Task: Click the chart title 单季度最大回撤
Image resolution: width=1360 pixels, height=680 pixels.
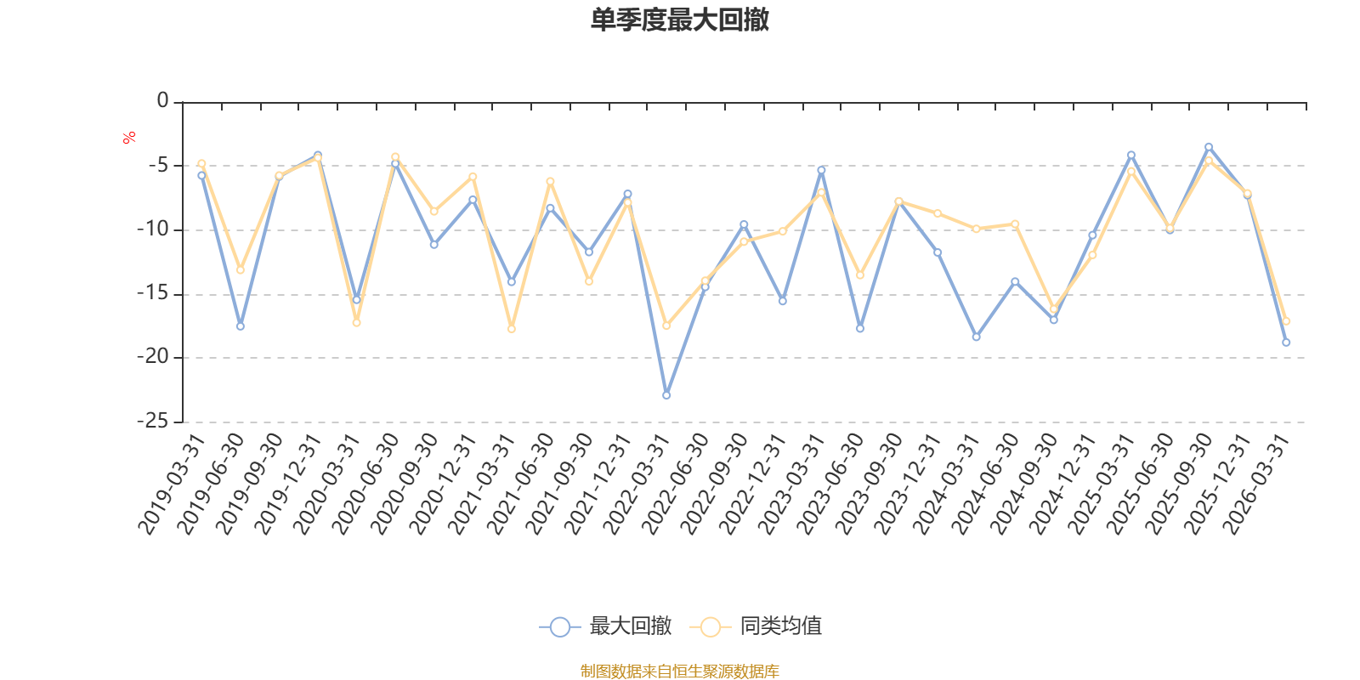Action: [x=679, y=20]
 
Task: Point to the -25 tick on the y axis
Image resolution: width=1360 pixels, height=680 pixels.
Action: [x=153, y=421]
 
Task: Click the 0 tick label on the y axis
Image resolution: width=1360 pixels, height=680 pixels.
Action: [x=162, y=101]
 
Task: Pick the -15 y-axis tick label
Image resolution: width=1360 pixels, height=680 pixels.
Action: [x=153, y=293]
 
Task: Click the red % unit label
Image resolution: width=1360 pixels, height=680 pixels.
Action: [x=129, y=138]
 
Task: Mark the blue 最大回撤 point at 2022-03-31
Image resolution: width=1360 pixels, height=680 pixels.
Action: [x=666, y=395]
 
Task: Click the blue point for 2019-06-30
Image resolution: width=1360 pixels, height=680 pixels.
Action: [x=241, y=326]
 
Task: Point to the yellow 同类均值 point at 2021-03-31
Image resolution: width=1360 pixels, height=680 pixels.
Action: [x=512, y=329]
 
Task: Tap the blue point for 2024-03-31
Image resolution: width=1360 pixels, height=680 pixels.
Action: [x=976, y=337]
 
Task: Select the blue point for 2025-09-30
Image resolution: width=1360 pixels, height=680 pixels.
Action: [x=1209, y=147]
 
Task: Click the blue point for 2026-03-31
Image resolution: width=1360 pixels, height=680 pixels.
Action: [x=1286, y=343]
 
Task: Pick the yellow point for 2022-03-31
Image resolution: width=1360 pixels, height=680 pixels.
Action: [x=666, y=326]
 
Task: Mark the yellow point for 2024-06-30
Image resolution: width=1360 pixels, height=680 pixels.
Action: [x=1015, y=224]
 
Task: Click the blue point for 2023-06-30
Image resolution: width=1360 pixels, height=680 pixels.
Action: [x=860, y=328]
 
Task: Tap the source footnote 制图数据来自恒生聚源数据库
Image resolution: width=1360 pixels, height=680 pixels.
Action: [x=679, y=671]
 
